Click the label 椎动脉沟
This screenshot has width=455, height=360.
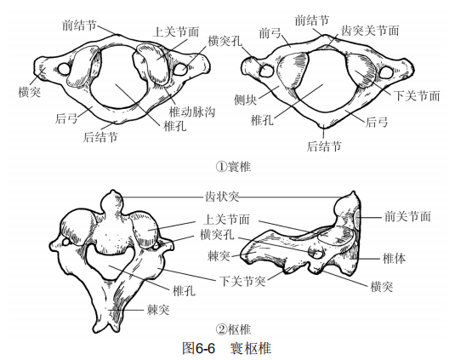click(x=192, y=111)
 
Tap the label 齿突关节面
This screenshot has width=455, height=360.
click(x=370, y=31)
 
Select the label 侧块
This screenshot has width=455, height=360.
click(x=246, y=100)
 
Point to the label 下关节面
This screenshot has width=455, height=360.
click(x=417, y=96)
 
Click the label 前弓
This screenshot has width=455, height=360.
click(x=270, y=33)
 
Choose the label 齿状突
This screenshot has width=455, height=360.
click(x=222, y=197)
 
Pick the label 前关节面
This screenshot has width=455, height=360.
click(x=407, y=216)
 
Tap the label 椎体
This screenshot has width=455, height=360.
click(x=394, y=258)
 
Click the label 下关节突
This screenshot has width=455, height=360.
click(x=242, y=281)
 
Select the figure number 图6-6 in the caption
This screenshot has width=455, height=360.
click(x=199, y=347)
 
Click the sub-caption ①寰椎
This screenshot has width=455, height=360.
click(x=234, y=167)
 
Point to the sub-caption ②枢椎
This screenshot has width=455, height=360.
click(x=234, y=329)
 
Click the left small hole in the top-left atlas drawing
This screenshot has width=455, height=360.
click(x=64, y=69)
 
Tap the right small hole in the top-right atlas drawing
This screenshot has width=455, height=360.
click(x=386, y=72)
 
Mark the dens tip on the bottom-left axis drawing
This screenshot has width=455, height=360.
click(x=112, y=191)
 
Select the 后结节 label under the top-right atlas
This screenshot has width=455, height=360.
click(x=324, y=146)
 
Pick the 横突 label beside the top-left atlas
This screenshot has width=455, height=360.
click(x=29, y=92)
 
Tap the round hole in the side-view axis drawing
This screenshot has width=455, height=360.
click(x=316, y=253)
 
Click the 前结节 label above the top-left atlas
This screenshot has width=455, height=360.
click(x=79, y=26)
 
